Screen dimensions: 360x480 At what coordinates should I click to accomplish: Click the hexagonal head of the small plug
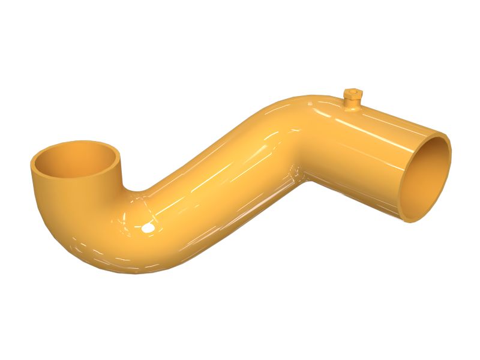click(x=353, y=95)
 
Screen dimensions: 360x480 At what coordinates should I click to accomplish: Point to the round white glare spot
click(x=146, y=228)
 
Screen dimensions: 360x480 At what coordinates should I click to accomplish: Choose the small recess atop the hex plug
click(x=353, y=91)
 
